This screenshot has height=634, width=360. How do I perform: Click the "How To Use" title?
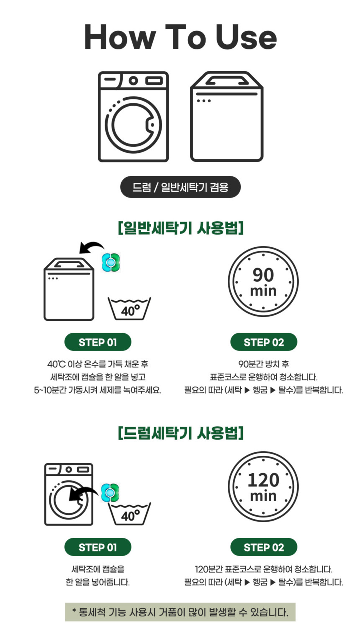[180, 37]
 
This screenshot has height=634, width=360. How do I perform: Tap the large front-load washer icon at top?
[133, 117]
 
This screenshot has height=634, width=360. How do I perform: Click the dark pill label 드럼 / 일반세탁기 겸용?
[180, 187]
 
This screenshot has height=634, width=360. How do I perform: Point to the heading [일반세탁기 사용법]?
[180, 228]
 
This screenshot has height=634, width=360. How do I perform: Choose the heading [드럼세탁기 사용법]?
[180, 433]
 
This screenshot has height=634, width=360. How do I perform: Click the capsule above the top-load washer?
[111, 262]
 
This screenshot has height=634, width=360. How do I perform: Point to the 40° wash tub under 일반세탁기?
[129, 309]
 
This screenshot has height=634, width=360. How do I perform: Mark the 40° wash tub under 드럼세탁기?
[129, 514]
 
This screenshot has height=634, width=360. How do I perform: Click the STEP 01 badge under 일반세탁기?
[98, 342]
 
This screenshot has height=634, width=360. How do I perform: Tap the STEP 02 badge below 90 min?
[264, 342]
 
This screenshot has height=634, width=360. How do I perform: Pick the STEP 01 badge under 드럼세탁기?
[98, 547]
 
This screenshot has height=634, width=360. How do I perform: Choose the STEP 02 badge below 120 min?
[264, 547]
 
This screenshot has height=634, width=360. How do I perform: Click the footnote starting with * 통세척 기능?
[180, 612]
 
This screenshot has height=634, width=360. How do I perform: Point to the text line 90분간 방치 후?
[263, 364]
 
